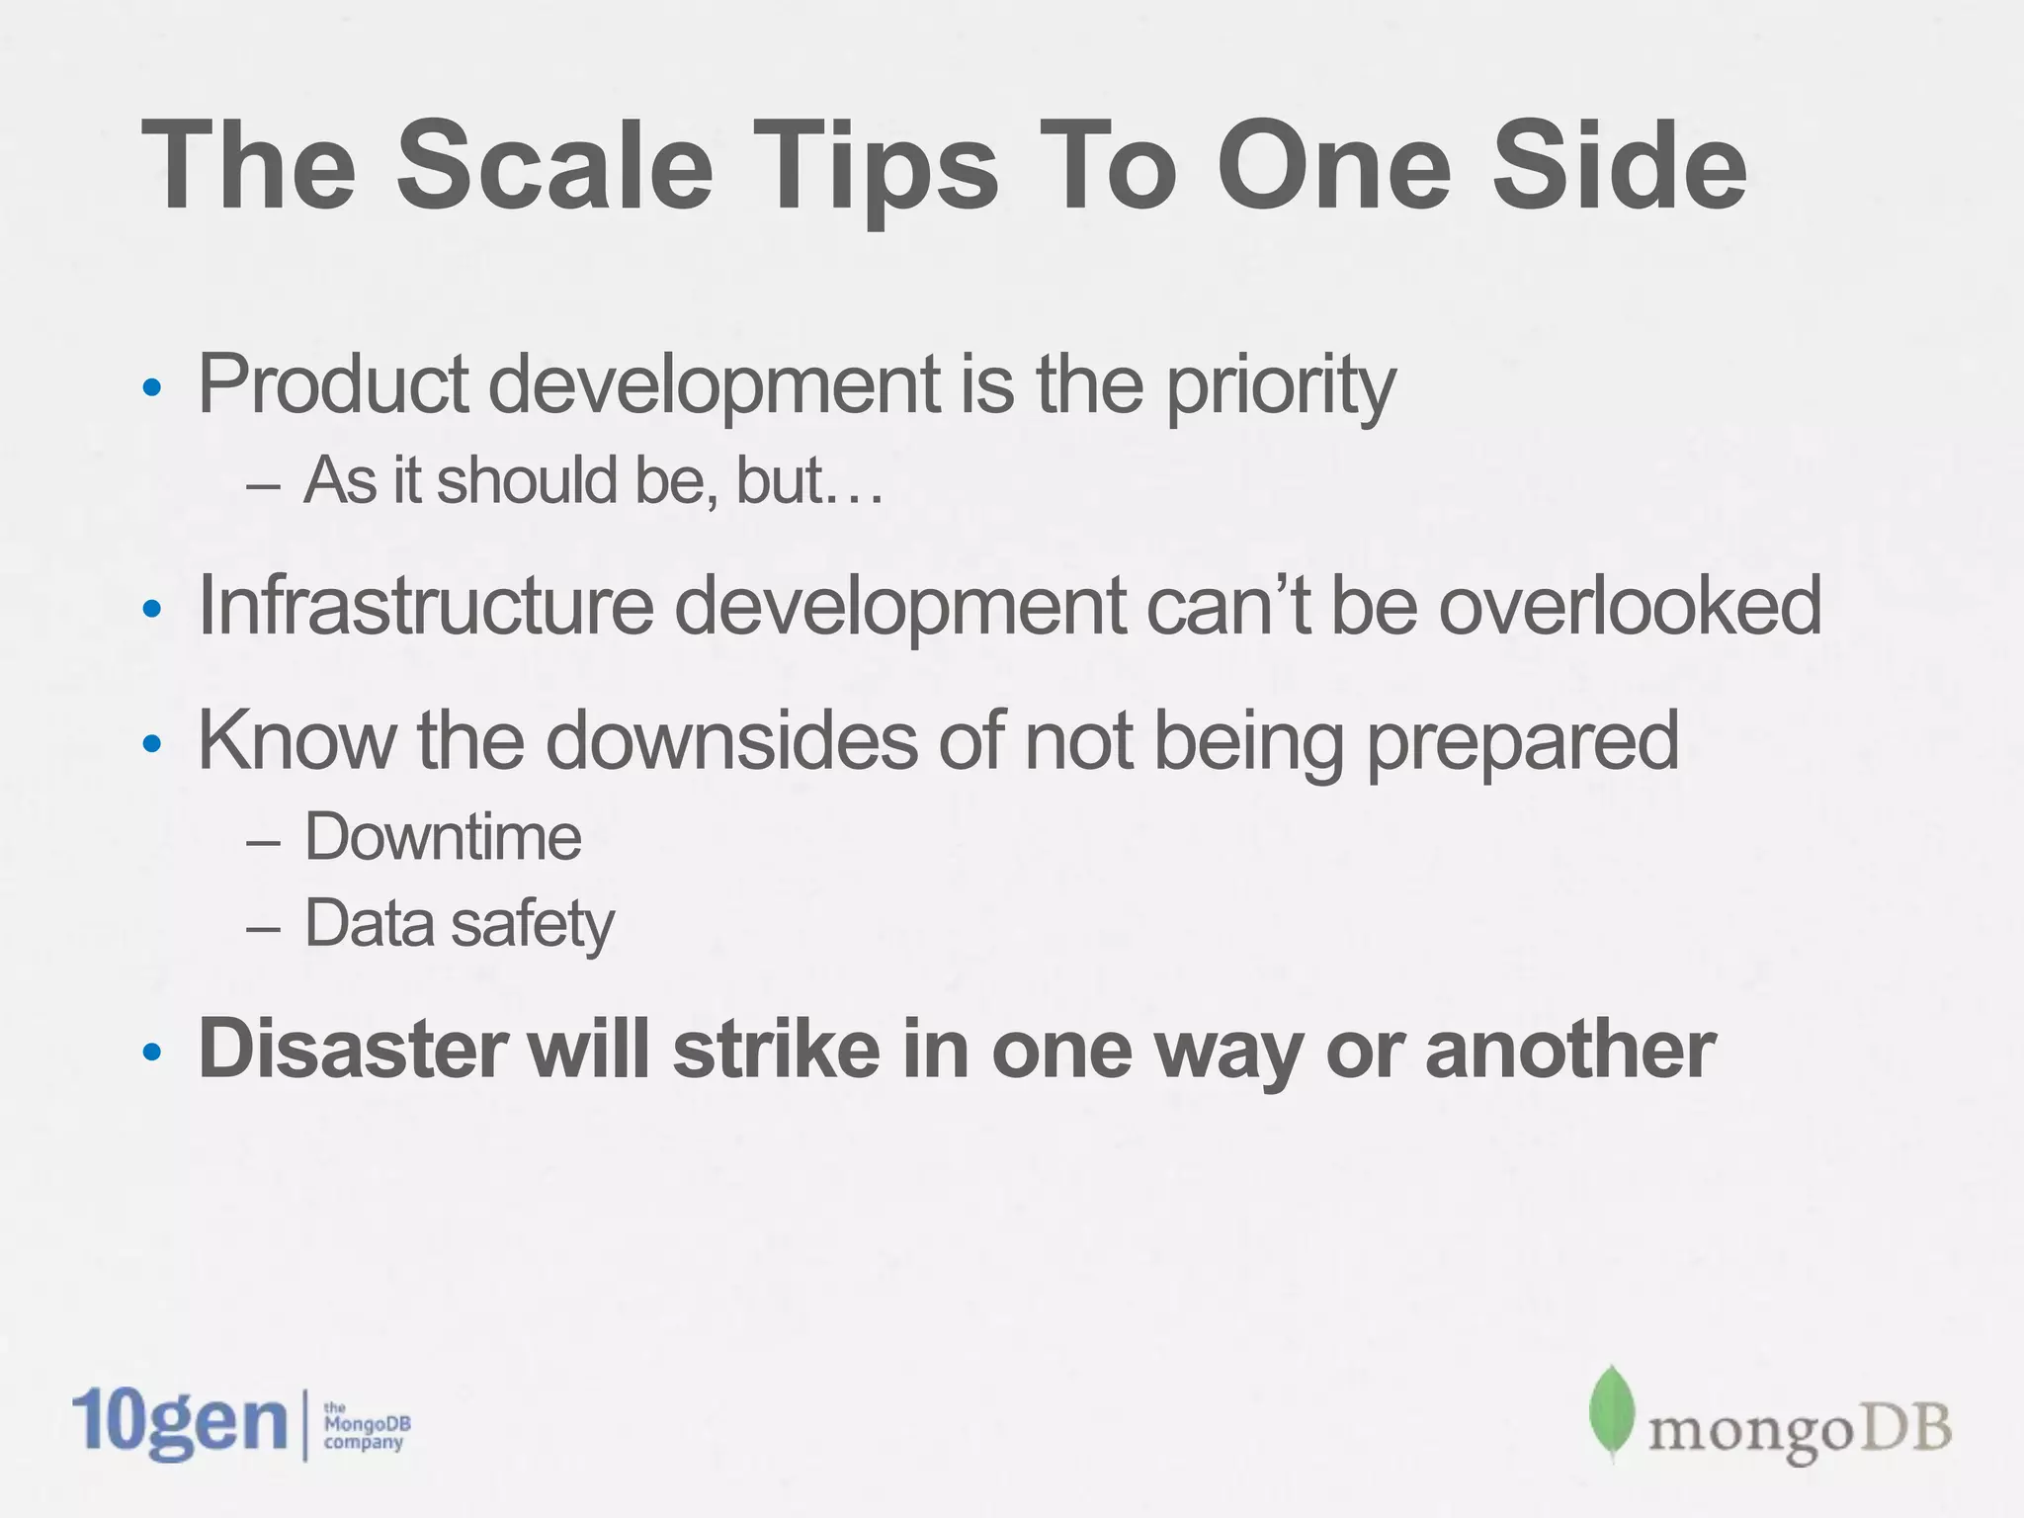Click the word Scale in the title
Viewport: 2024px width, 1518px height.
pos(554,165)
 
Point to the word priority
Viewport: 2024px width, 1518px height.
pos(1281,386)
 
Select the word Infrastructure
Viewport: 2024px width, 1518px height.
pos(426,606)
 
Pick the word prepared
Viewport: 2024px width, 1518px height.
pos(1522,743)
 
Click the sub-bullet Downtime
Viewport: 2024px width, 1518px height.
pos(443,837)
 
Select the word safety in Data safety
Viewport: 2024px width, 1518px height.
pos(532,925)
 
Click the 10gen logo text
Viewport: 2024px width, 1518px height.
pos(180,1423)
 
